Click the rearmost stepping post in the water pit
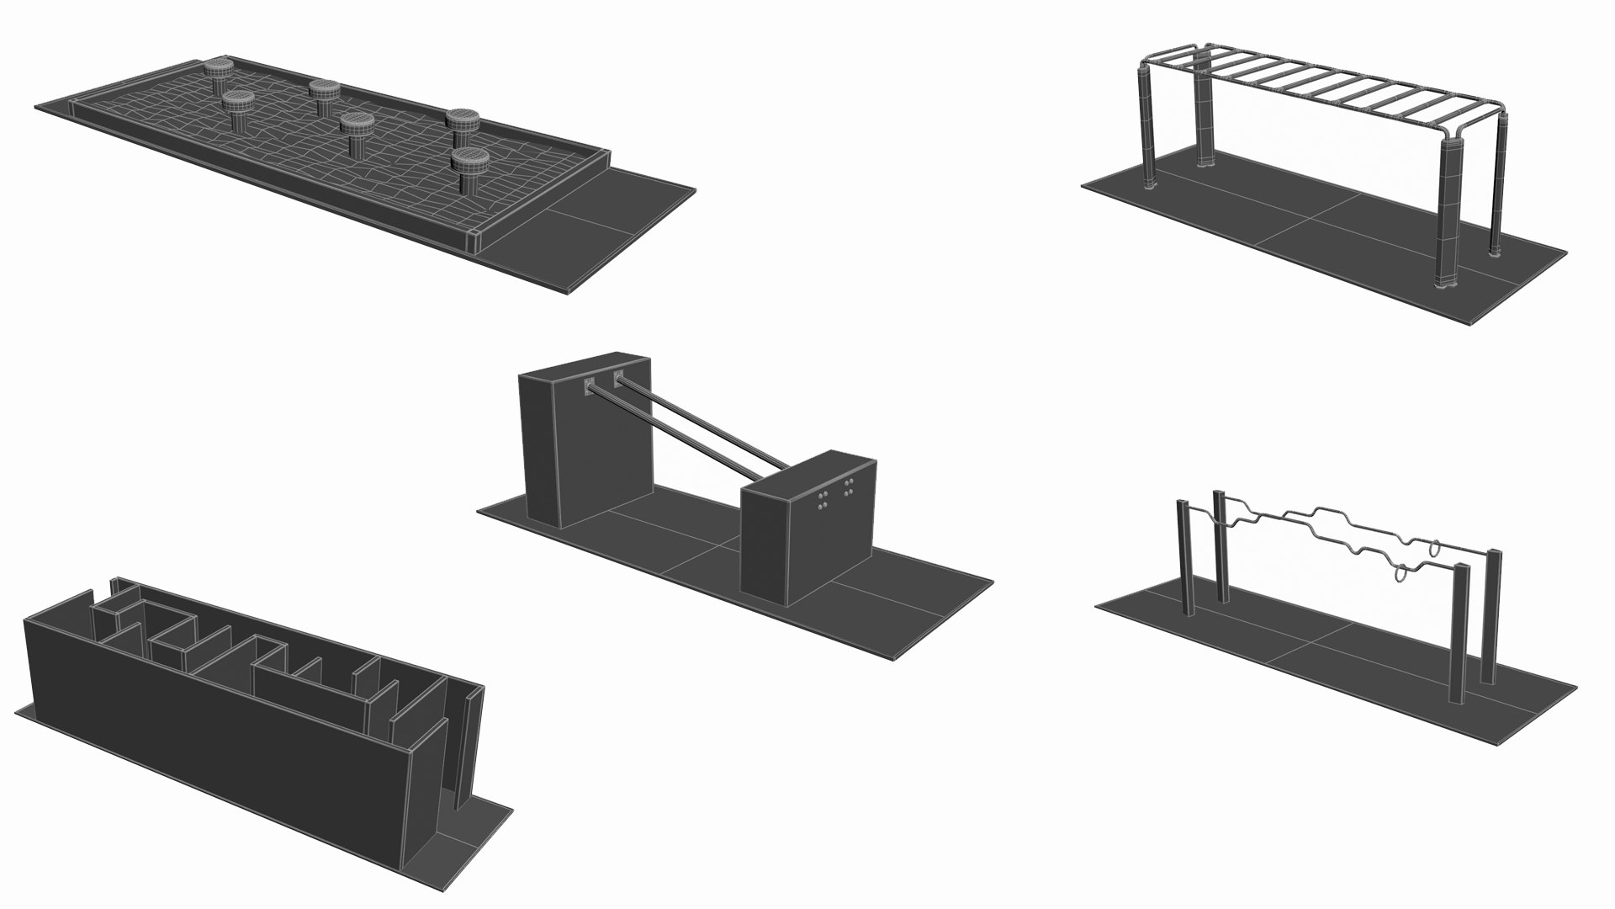[x=221, y=70]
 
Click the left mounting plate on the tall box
[x=590, y=386]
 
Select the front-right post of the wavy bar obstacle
[x=1460, y=631]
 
